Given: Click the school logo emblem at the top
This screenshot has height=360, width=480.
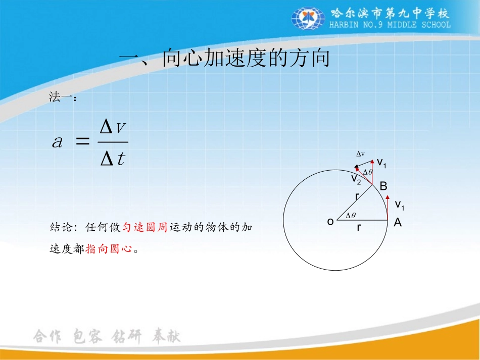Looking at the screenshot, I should pyautogui.click(x=308, y=19).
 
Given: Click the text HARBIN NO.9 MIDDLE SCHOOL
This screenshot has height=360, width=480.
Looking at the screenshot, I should pyautogui.click(x=390, y=24).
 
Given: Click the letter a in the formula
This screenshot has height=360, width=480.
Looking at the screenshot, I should pyautogui.click(x=58, y=142).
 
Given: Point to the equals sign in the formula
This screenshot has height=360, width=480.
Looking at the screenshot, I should pyautogui.click(x=81, y=142).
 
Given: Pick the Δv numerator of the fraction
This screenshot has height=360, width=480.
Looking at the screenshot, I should pyautogui.click(x=113, y=128).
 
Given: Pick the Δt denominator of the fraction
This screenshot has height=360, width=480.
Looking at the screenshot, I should pyautogui.click(x=113, y=160).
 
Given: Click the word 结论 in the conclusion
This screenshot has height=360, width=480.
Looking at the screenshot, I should pyautogui.click(x=61, y=227).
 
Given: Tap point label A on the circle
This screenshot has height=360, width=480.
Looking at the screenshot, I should pyautogui.click(x=398, y=222).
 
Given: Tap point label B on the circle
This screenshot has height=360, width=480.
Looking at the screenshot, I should pyautogui.click(x=383, y=186).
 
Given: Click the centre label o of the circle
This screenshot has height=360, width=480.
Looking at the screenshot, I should pyautogui.click(x=330, y=221).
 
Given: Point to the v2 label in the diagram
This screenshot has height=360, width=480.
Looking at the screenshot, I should pyautogui.click(x=356, y=178).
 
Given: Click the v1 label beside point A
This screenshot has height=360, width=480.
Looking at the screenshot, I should pyautogui.click(x=399, y=204).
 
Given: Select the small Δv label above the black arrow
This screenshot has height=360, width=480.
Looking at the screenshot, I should pyautogui.click(x=361, y=154).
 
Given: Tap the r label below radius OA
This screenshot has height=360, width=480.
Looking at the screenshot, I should pyautogui.click(x=359, y=228).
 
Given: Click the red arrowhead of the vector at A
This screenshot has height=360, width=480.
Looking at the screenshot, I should pyautogui.click(x=388, y=200).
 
